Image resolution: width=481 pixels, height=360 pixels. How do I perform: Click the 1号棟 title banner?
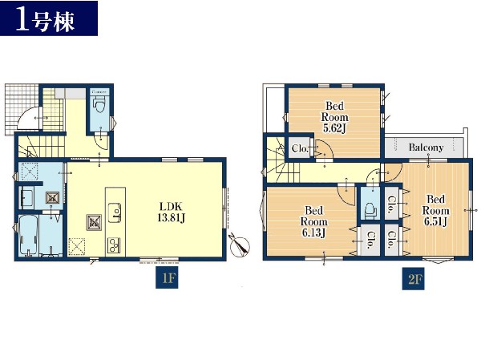(49, 18)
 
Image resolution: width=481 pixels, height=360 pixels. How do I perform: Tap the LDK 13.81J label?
(172, 212)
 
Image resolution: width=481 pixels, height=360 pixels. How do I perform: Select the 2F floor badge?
(414, 279)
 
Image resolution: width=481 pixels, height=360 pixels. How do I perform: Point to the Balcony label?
(426, 148)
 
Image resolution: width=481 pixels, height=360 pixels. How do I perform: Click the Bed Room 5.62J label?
(334, 117)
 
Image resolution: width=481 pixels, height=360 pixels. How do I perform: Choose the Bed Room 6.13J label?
(313, 221)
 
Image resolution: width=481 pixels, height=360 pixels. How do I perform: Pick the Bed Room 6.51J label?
(435, 211)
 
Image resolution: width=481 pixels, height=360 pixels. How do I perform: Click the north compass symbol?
(240, 245)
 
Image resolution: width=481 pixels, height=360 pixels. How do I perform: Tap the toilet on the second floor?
(370, 211)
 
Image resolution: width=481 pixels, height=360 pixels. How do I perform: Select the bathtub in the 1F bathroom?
(29, 236)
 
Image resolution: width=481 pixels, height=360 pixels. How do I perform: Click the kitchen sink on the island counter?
(115, 212)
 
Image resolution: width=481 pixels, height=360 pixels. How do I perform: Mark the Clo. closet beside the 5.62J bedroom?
(300, 148)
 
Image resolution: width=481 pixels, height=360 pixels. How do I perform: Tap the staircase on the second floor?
(283, 160)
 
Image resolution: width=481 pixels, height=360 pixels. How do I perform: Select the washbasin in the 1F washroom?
(26, 198)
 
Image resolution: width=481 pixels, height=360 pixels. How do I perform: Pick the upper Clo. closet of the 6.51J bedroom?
(392, 204)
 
